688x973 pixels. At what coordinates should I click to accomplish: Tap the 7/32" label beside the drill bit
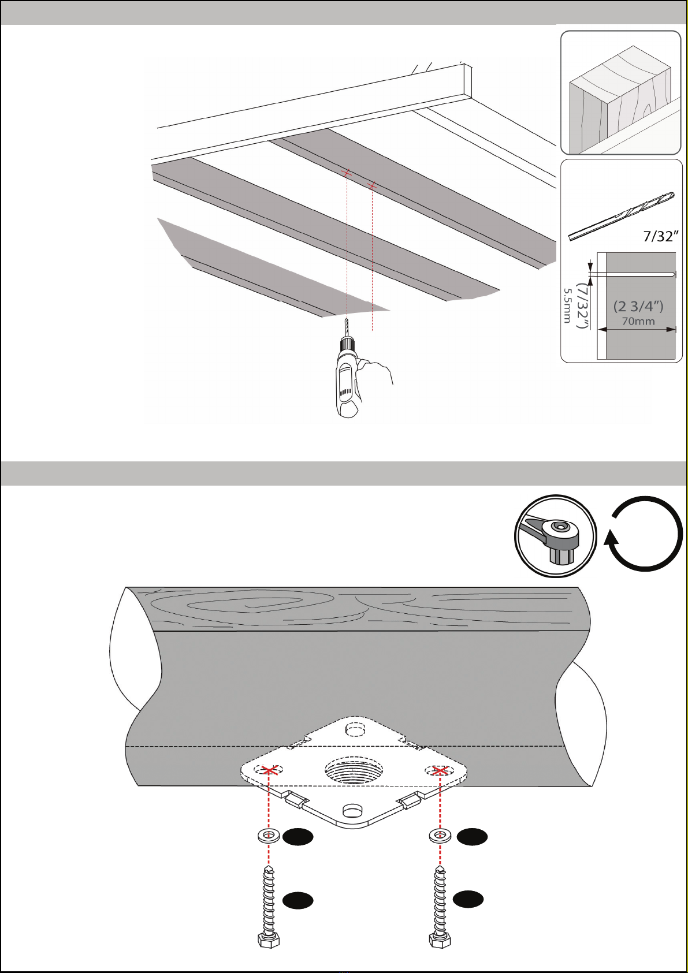click(x=661, y=236)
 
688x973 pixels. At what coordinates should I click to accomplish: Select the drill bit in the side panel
click(x=622, y=216)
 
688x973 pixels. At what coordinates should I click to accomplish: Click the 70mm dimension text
click(x=638, y=322)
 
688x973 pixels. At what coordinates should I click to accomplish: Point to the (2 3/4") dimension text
click(x=638, y=306)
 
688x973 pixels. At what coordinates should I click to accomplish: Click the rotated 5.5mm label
click(x=567, y=306)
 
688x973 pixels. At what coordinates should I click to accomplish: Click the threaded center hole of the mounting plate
click(x=354, y=770)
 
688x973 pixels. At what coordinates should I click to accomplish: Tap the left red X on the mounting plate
click(x=269, y=770)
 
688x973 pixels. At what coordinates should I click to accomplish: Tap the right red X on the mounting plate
click(x=440, y=770)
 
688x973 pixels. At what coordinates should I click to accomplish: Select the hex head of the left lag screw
click(x=269, y=940)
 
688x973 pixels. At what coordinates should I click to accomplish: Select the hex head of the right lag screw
click(x=440, y=940)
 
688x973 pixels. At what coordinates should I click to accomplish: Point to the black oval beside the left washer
click(x=297, y=837)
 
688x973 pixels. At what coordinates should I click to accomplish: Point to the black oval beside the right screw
click(x=468, y=899)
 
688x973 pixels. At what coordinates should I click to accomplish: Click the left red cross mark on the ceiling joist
click(x=347, y=174)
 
